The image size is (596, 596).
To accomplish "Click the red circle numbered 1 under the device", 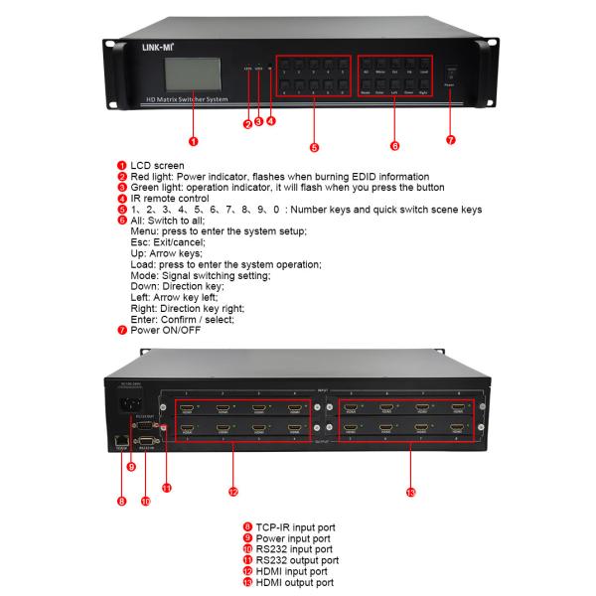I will (192, 141).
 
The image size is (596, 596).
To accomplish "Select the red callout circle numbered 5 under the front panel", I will (314, 148).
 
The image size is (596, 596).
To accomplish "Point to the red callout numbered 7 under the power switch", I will (450, 141).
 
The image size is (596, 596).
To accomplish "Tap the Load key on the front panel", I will (423, 72).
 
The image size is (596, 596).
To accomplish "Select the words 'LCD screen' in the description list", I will (157, 165).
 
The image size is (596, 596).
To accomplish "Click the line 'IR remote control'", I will (170, 198).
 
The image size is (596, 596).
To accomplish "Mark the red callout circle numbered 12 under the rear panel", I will (233, 491).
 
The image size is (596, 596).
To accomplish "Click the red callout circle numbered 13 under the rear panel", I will (410, 491).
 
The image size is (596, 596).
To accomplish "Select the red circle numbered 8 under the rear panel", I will (121, 501).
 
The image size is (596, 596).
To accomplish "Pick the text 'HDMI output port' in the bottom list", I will (294, 582).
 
